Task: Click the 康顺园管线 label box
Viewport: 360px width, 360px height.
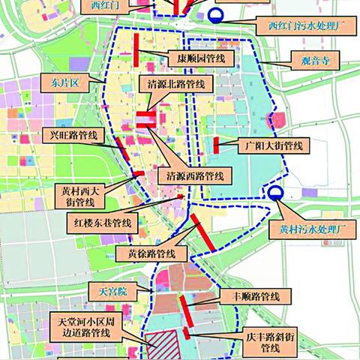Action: point(205,58)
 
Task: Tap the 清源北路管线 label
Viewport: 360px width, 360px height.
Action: point(169,85)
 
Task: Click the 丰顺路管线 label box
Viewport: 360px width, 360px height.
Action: point(251,297)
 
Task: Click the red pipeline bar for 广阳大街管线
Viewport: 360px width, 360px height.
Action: point(215,145)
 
